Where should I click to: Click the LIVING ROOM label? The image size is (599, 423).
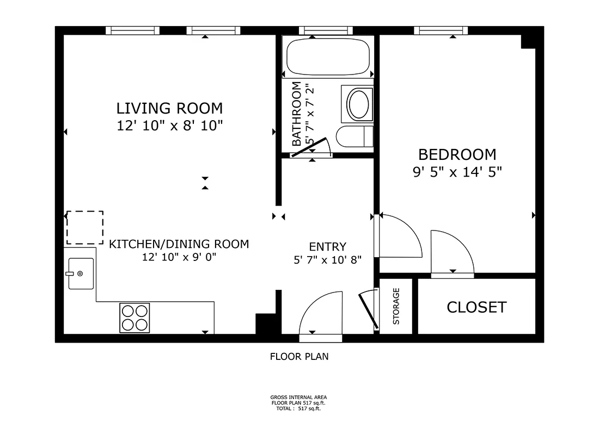169,108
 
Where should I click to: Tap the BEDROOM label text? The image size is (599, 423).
457,155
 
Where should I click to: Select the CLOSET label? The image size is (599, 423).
477,307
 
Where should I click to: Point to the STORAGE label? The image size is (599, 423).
396,306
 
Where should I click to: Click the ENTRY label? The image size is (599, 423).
328,246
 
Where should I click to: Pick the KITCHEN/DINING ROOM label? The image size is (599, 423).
179,244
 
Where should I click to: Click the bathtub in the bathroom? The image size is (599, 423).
328,57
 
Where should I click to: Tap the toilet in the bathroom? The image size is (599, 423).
354,136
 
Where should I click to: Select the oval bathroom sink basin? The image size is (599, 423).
359,104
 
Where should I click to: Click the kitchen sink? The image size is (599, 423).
81,273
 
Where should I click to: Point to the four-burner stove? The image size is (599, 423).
135,318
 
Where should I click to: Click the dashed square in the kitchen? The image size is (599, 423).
85,227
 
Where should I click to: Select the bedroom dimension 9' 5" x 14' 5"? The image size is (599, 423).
457,172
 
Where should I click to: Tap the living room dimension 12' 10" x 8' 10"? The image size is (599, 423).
169,126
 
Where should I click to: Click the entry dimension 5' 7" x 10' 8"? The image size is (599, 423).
328,260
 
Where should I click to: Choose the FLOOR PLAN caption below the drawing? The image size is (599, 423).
299,357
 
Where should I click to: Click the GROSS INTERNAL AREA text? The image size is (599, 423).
299,397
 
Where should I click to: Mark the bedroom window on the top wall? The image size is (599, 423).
441,30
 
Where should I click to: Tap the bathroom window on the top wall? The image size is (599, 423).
326,30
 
